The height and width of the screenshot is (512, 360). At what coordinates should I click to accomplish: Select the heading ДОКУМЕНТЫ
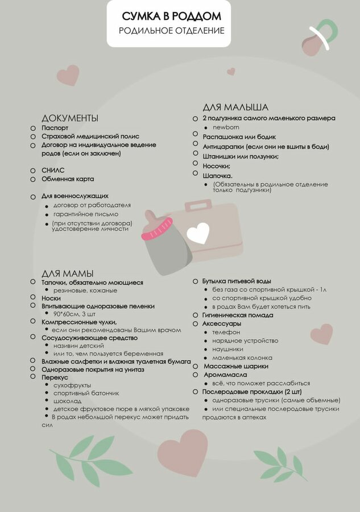69,118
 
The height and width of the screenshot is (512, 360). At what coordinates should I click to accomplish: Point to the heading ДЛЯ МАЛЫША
235,107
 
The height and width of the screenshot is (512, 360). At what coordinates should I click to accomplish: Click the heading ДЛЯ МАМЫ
67,273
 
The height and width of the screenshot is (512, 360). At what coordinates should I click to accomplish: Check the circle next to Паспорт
33,128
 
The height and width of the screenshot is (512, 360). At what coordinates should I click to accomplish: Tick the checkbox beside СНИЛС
33,170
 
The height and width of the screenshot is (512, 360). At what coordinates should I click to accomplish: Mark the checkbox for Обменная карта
33,179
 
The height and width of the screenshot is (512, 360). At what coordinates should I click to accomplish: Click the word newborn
225,127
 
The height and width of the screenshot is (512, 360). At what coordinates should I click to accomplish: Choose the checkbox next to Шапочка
195,173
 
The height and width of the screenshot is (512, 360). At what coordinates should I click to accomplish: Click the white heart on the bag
198,232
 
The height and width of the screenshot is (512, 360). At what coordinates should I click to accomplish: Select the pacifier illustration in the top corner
318,38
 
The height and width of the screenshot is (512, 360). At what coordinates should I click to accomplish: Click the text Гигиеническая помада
238,315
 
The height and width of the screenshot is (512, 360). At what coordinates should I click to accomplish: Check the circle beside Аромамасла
195,374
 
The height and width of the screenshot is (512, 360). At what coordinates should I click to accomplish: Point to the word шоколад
67,400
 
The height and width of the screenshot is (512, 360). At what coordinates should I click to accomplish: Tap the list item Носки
51,298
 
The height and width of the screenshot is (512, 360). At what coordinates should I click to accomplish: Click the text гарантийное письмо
85,214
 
